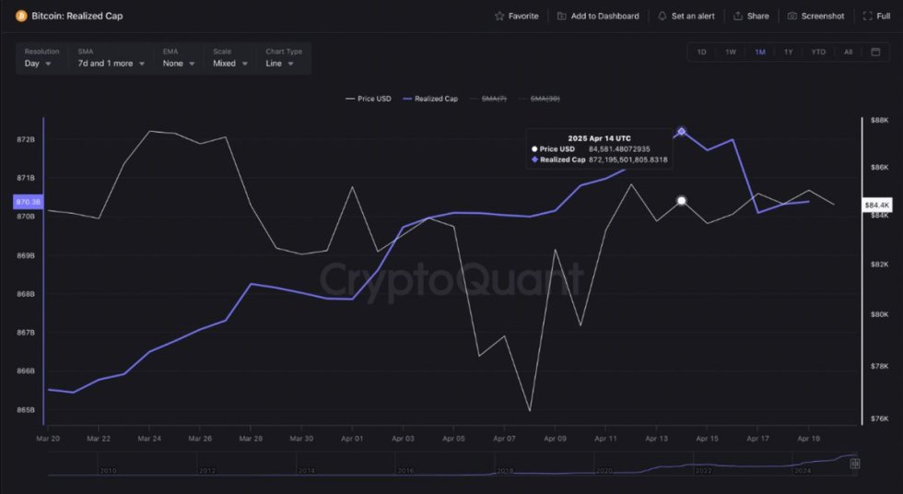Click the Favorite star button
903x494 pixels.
click(x=516, y=16)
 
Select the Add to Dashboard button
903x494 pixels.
click(x=598, y=16)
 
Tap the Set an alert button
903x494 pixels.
click(x=685, y=16)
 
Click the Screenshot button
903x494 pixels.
click(x=815, y=16)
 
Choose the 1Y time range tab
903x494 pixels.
click(x=788, y=52)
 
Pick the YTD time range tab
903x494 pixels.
click(x=818, y=52)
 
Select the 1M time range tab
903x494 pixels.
click(x=759, y=52)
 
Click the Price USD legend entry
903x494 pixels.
click(x=368, y=98)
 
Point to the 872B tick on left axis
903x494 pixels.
click(x=25, y=139)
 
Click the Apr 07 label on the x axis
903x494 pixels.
click(x=504, y=439)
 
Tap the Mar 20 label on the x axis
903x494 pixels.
click(x=48, y=439)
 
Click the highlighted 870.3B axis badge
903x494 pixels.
click(x=28, y=202)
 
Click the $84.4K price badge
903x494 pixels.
click(x=875, y=204)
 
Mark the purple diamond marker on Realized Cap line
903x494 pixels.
click(x=682, y=131)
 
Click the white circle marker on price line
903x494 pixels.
click(x=682, y=200)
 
